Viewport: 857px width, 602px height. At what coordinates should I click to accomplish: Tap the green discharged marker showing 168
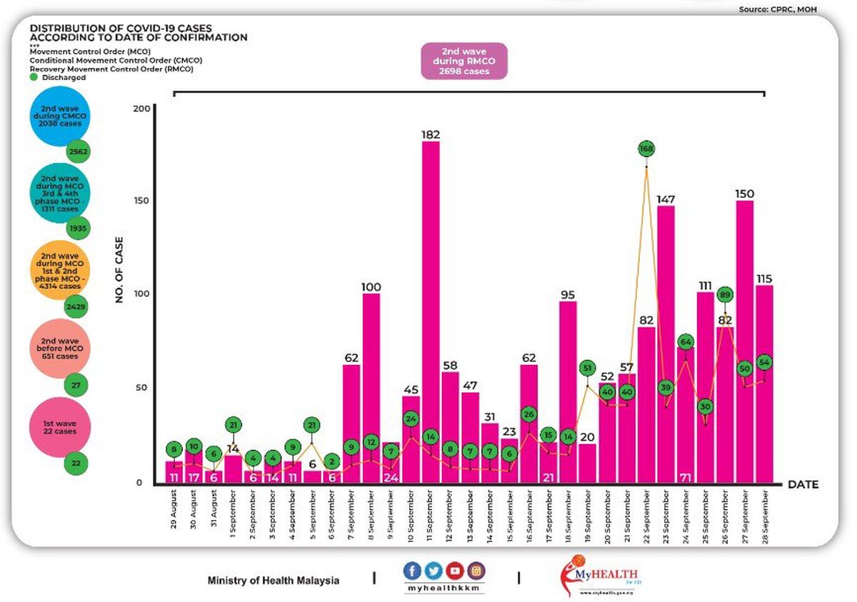(647, 149)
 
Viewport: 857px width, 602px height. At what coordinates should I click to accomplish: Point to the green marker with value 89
(725, 294)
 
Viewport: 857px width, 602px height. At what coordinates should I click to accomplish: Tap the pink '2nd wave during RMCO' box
(464, 60)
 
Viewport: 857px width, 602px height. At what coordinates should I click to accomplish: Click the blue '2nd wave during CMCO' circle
(60, 116)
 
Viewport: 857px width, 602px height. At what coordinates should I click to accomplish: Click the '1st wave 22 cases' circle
(60, 428)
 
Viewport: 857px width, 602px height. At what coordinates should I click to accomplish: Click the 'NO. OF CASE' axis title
(120, 270)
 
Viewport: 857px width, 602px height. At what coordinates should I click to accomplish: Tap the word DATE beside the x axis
(803, 485)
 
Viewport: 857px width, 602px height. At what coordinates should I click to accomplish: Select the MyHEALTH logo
(600, 576)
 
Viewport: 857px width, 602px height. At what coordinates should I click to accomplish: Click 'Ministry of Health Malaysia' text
(274, 581)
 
